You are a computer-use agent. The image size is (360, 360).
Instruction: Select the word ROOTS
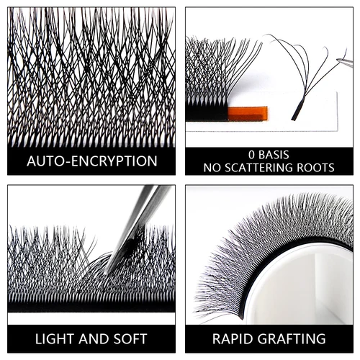[x=314, y=168]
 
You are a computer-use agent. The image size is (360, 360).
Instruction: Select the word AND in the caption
[x=96, y=338]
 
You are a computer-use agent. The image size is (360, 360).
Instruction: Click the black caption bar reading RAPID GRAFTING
[x=269, y=338]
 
